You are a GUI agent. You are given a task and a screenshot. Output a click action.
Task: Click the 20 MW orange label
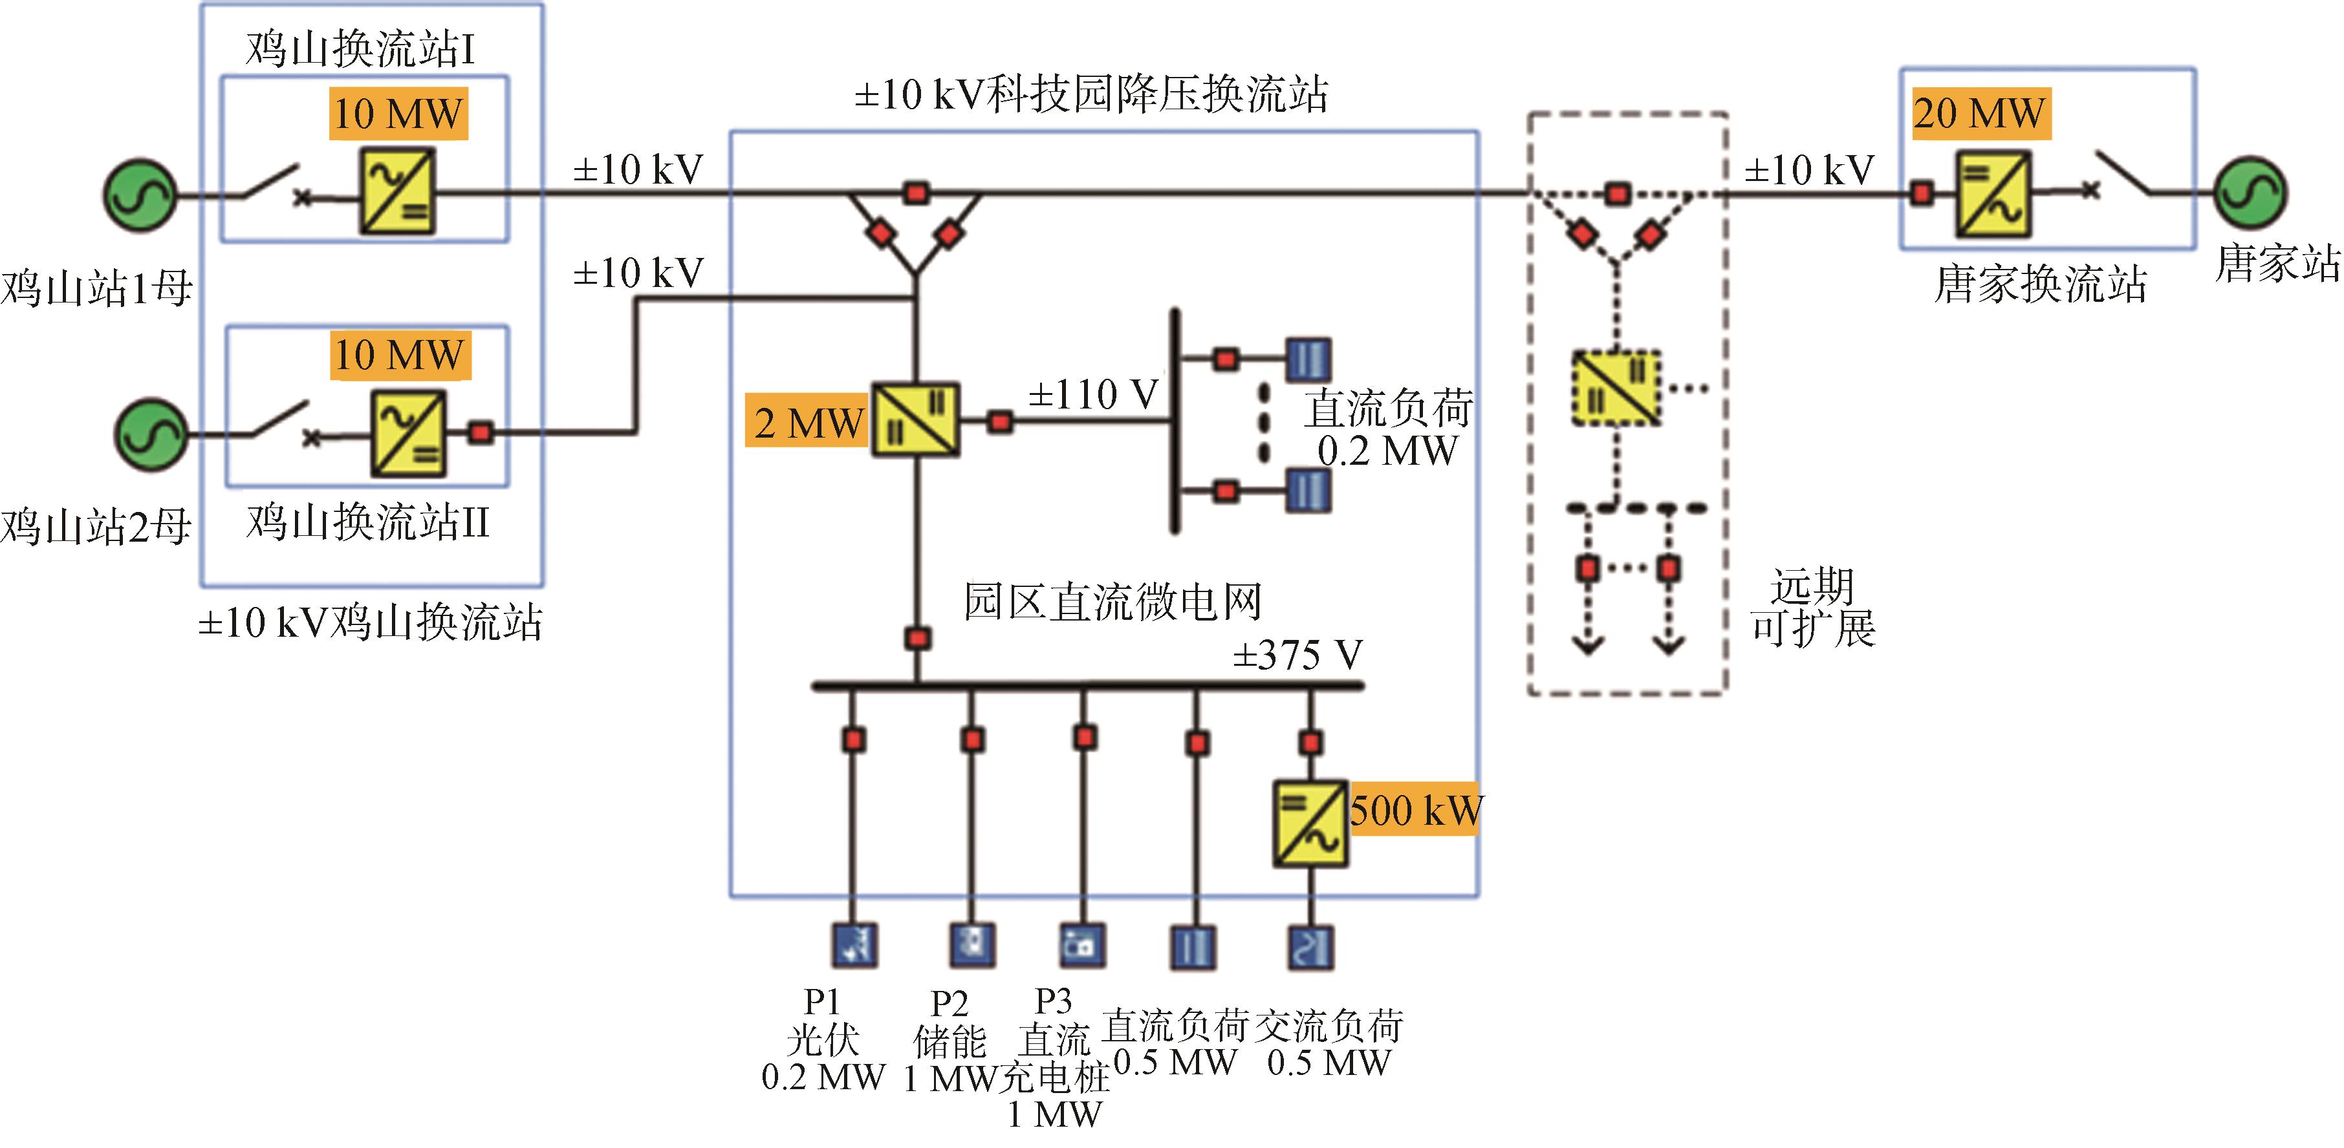(1981, 114)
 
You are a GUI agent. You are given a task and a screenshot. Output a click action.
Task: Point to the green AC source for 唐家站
(2250, 192)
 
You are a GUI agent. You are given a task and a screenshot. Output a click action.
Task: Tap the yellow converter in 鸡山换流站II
(407, 433)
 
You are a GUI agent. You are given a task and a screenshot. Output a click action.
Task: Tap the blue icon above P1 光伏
(854, 945)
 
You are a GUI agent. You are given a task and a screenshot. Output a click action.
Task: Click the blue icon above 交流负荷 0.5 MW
(1310, 947)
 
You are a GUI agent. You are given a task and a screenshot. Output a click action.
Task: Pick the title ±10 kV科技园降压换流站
(1091, 94)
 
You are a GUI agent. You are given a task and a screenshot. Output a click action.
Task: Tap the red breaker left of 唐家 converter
(1922, 193)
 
